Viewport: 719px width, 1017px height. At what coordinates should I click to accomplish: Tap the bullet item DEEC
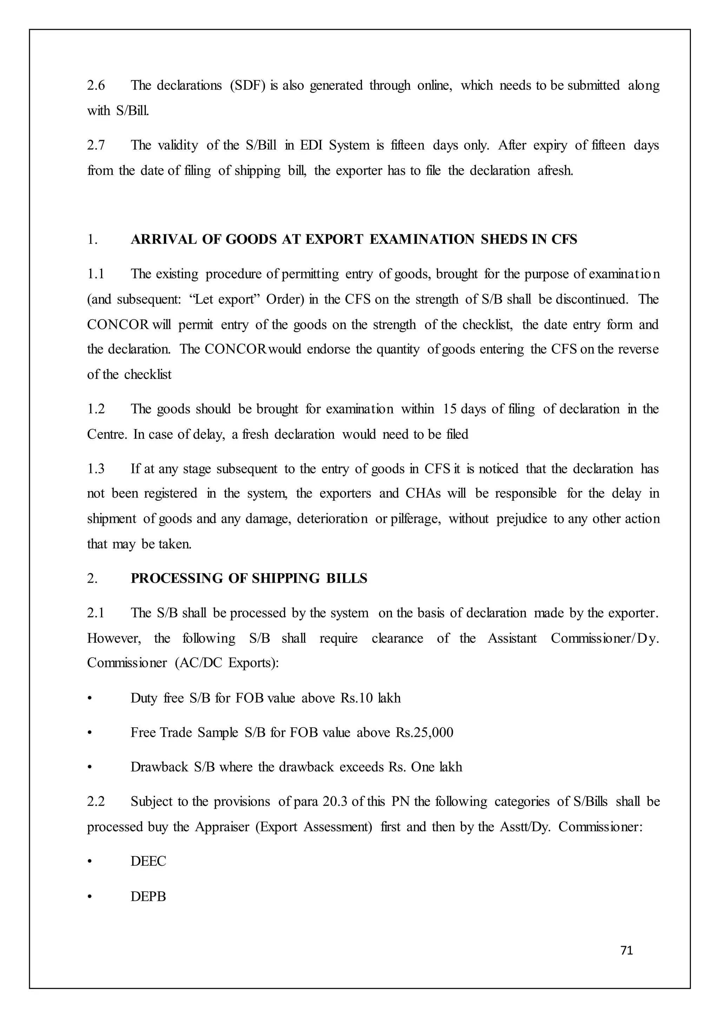148,861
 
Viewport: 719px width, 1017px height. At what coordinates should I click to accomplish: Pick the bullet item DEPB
148,896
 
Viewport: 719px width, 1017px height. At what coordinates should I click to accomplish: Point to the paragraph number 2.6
96,85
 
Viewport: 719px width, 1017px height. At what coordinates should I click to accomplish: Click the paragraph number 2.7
96,145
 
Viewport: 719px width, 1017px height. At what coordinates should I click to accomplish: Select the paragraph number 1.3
96,468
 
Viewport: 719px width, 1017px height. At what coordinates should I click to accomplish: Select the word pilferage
415,519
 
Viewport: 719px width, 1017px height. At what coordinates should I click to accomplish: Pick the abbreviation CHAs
423,493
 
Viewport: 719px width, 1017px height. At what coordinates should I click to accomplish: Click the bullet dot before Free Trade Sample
90,733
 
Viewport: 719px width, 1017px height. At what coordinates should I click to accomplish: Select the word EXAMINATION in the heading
422,240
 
